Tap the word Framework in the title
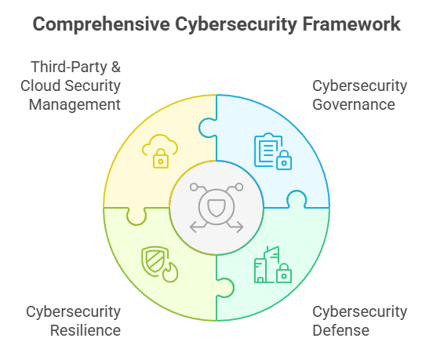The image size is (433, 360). coord(351,24)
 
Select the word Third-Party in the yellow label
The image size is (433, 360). coord(69,67)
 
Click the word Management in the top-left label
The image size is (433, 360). coord(75,104)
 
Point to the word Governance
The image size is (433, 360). coord(354,104)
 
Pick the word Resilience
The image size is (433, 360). coord(86,330)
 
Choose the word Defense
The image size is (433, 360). coord(340,330)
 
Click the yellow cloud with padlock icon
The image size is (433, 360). coord(160,151)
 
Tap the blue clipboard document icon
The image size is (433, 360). coord(273,151)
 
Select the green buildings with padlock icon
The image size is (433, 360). coord(273,264)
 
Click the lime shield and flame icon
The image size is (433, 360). coord(160,264)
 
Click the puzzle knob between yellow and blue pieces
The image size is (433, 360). coord(207,128)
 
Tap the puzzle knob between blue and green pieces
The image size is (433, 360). coord(297,198)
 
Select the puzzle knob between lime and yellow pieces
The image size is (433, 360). coord(136,216)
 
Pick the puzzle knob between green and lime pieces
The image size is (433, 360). coord(225,288)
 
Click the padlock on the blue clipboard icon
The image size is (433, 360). coord(284,160)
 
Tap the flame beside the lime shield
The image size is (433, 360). coord(170,272)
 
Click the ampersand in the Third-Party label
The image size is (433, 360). coord(116,67)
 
